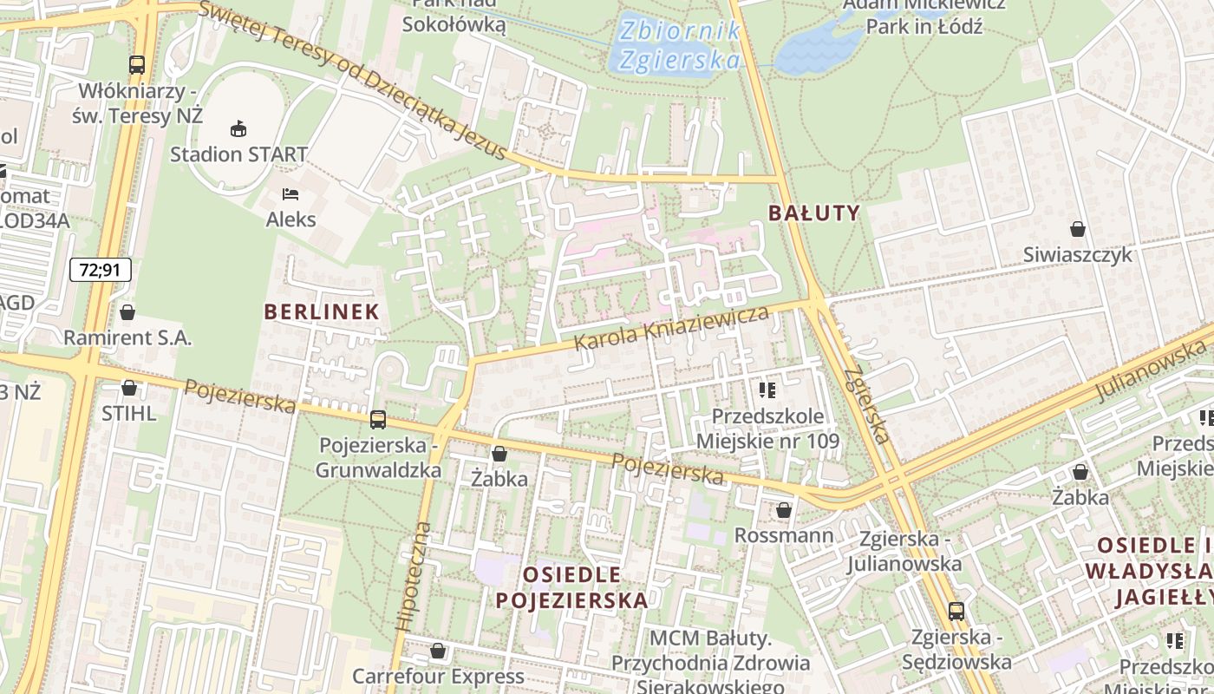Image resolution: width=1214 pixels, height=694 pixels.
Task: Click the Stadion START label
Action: click(x=238, y=154)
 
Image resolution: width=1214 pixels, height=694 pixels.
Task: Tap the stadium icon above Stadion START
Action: click(x=238, y=129)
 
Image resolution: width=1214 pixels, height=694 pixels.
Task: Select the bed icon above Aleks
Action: click(x=290, y=193)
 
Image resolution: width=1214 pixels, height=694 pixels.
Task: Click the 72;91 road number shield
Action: click(x=101, y=270)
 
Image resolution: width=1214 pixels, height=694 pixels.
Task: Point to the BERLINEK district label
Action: click(x=322, y=311)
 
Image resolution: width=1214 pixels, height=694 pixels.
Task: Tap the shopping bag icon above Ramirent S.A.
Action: click(x=127, y=312)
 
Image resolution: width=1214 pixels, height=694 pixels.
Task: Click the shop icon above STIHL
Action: click(x=129, y=388)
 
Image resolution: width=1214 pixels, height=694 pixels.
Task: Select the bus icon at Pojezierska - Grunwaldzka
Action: click(x=377, y=420)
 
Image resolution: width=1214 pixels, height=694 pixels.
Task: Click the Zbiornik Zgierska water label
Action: click(x=679, y=45)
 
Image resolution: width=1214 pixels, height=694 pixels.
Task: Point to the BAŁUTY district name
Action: click(x=813, y=213)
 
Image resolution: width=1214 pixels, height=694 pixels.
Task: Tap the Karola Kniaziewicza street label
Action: click(x=672, y=328)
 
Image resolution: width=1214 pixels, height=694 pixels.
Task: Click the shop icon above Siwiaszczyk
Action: click(x=1077, y=229)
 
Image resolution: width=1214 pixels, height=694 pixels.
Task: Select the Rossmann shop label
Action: click(x=784, y=535)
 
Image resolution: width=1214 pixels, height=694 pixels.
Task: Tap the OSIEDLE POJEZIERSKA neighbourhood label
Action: click(x=571, y=587)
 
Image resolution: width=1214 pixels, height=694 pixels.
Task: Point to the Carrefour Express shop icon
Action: click(x=438, y=651)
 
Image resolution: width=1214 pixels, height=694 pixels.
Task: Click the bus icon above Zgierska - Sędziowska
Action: click(x=956, y=612)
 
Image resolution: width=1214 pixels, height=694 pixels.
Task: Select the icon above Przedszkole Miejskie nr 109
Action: click(x=767, y=390)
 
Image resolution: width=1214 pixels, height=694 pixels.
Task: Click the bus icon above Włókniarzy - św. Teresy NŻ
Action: click(x=137, y=64)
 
